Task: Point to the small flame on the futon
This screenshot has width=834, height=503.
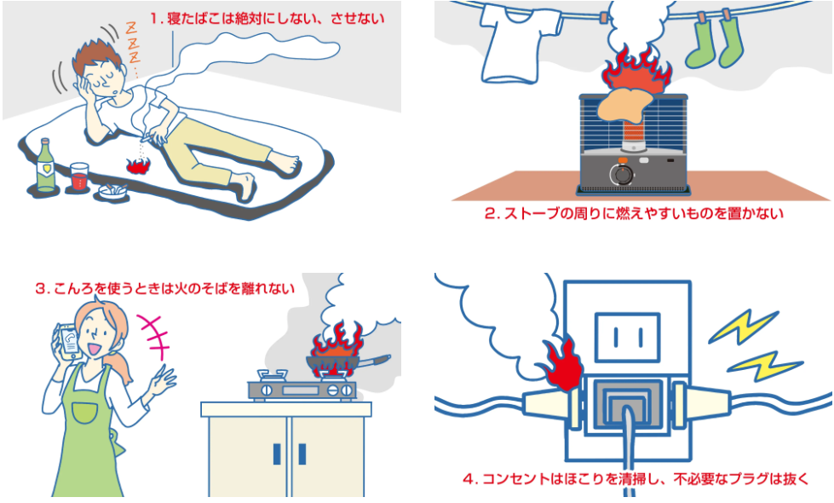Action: tap(136, 165)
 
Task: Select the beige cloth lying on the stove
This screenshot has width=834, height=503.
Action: tap(628, 107)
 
